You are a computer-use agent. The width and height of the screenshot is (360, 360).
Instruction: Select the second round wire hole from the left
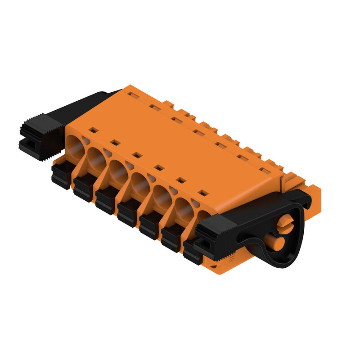coord(96,158)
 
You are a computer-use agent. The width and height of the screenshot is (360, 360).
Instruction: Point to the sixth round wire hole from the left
coord(184,208)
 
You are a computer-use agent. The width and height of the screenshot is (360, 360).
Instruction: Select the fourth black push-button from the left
coord(128,213)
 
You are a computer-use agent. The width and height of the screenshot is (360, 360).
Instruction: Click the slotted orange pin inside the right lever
coord(285,223)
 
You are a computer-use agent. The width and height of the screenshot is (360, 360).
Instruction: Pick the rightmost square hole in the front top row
coord(203,193)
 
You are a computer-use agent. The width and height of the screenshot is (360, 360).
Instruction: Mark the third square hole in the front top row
coord(137,155)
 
